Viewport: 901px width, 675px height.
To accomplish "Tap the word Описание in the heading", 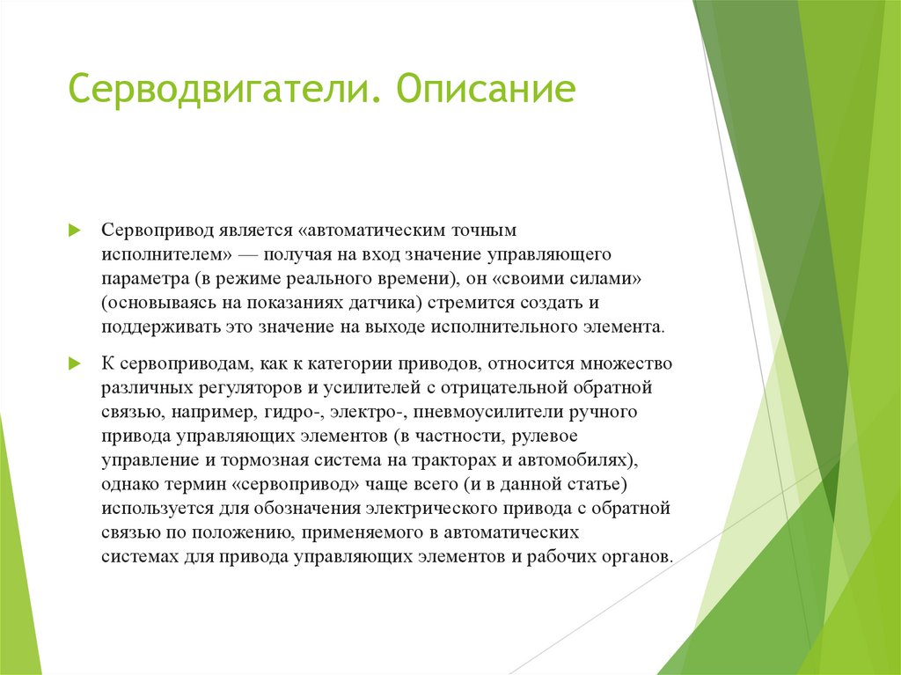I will click(x=486, y=92).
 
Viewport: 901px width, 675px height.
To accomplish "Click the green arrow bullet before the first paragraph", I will click(x=75, y=230).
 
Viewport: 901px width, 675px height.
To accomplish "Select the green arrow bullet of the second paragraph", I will click(x=75, y=363).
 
